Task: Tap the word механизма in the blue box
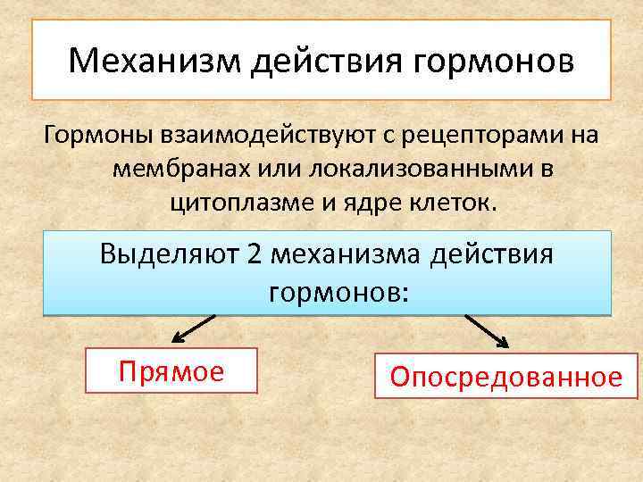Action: click(x=346, y=254)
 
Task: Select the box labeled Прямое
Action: click(x=171, y=370)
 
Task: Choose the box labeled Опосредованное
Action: click(x=505, y=377)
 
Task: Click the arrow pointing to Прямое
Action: click(x=192, y=329)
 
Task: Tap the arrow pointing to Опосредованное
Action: click(x=487, y=331)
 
